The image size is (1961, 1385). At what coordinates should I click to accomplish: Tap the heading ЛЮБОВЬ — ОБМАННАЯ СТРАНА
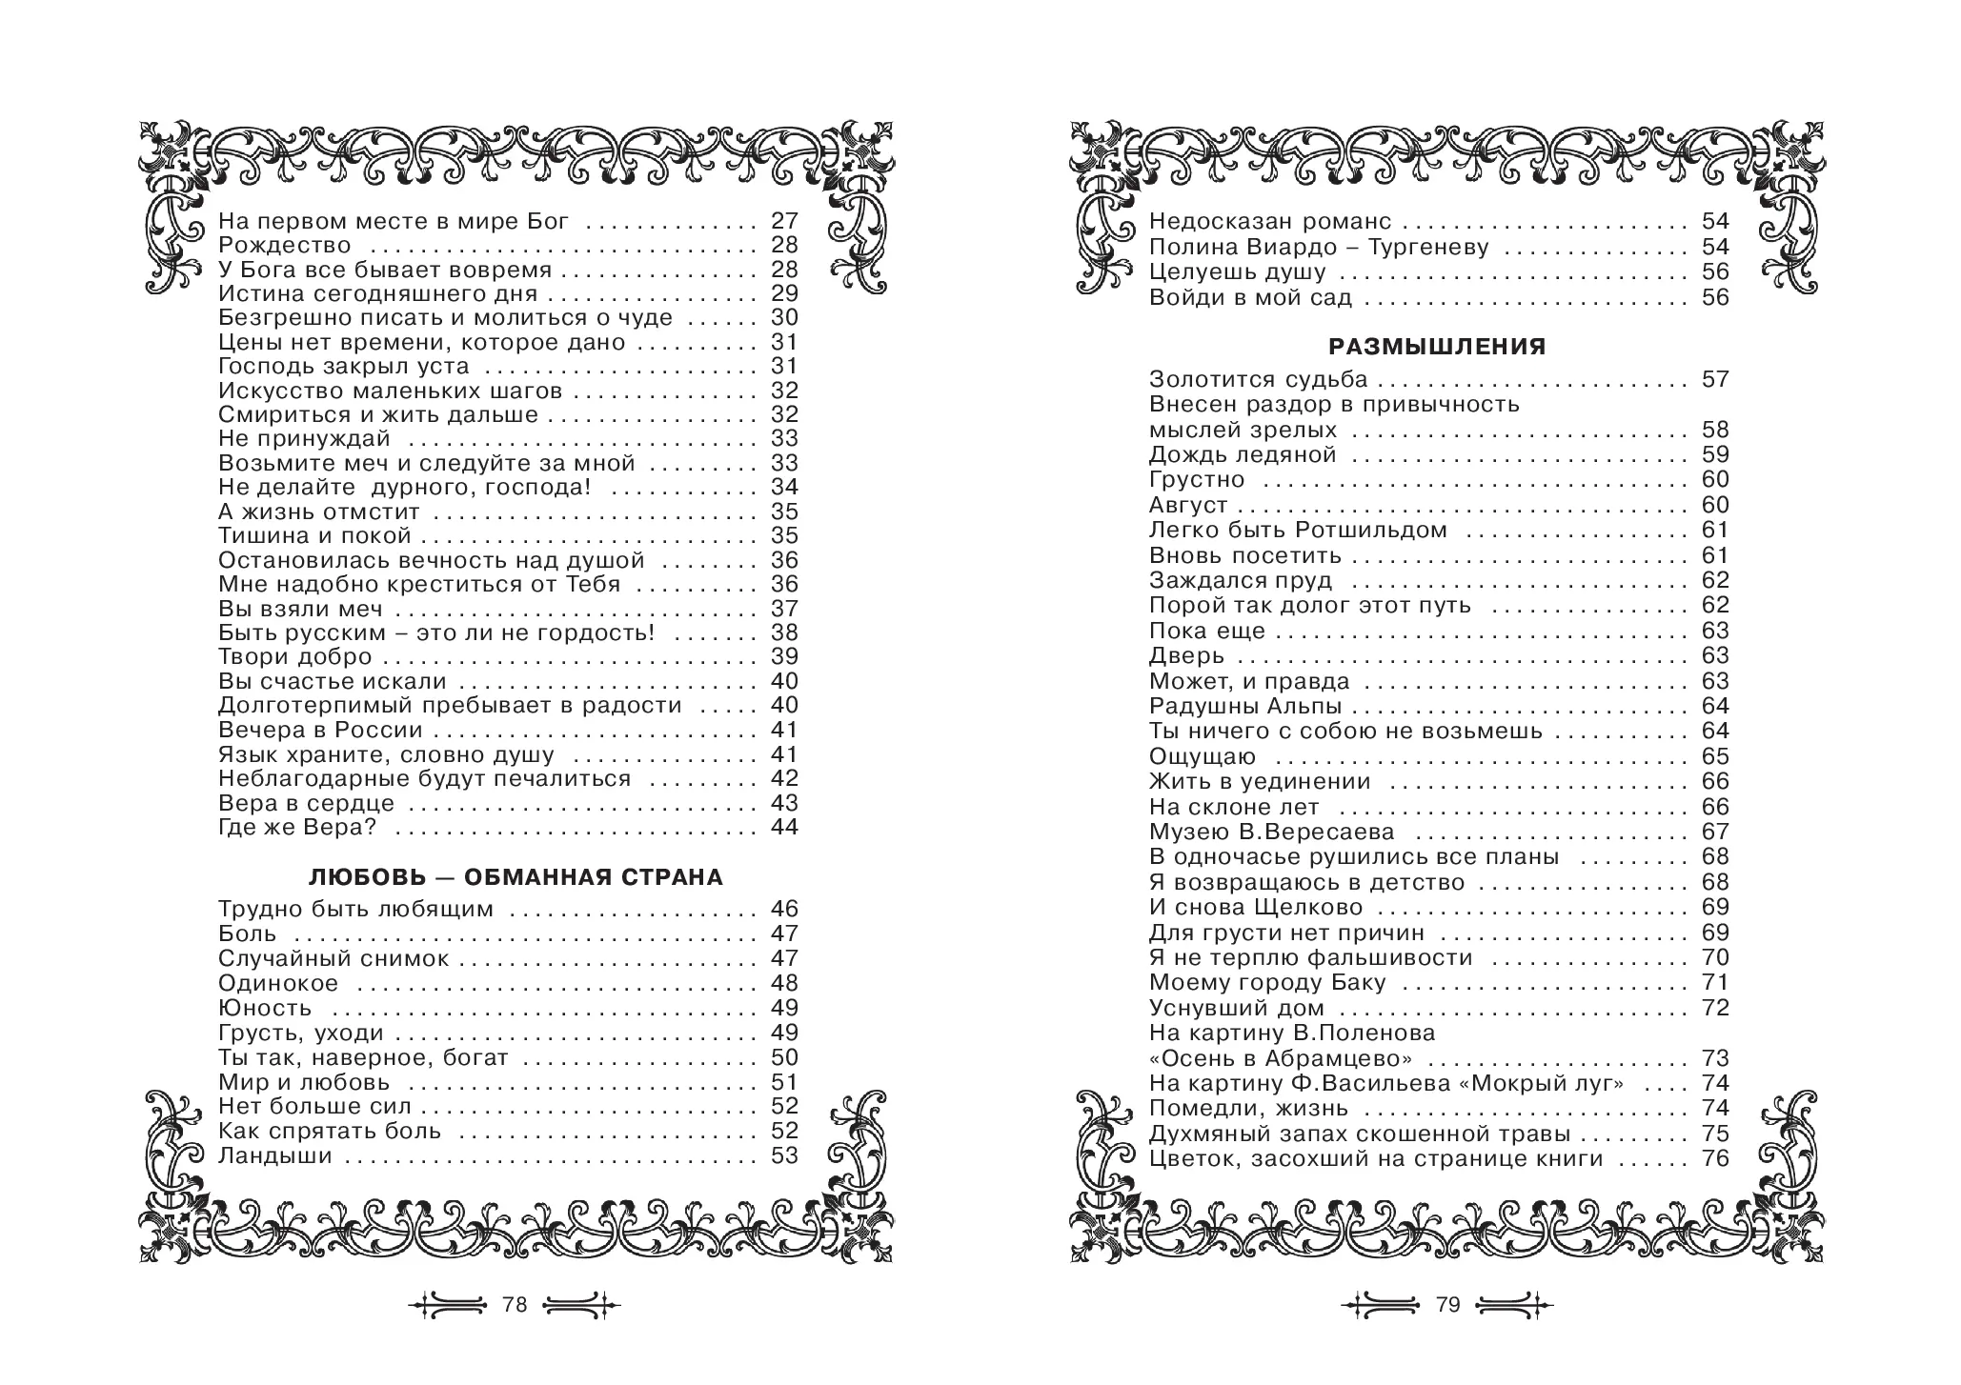point(516,877)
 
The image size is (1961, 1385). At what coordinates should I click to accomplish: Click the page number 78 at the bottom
point(515,1305)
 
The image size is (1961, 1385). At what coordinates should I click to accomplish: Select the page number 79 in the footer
point(1447,1305)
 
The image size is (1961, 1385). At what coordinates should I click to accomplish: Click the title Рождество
point(284,246)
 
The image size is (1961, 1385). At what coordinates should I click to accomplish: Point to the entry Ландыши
point(274,1156)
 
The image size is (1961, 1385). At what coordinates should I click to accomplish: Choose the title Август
point(1188,505)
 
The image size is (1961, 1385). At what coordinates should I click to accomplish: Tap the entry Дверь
point(1186,656)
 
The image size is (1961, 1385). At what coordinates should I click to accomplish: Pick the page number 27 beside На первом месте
point(784,222)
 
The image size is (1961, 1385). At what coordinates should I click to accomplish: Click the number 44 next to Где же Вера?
point(784,828)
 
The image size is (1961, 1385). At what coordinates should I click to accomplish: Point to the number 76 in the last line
point(1715,1159)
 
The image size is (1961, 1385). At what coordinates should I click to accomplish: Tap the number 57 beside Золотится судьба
point(1715,379)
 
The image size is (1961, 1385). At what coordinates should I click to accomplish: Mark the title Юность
point(265,1009)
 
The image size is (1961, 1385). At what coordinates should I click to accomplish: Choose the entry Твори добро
point(294,657)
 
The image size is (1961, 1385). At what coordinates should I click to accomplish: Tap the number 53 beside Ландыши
point(784,1156)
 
